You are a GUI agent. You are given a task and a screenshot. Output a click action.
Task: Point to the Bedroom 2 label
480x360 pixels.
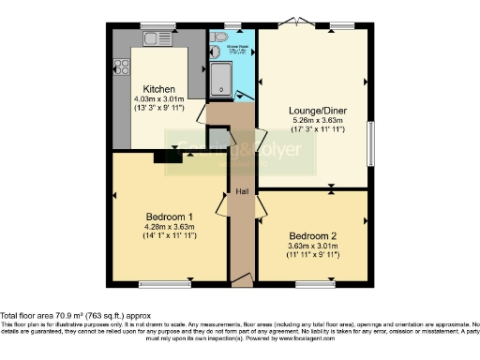pos(313,234)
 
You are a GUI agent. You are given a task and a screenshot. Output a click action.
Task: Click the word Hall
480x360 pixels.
pos(242,191)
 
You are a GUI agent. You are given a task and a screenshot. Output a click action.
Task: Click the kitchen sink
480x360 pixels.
pos(154,37)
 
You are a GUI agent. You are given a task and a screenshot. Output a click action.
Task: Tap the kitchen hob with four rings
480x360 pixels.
pos(121,67)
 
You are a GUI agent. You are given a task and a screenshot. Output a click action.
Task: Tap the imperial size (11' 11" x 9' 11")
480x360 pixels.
pos(313,255)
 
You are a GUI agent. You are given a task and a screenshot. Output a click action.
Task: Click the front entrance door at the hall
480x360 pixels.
pos(242,279)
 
